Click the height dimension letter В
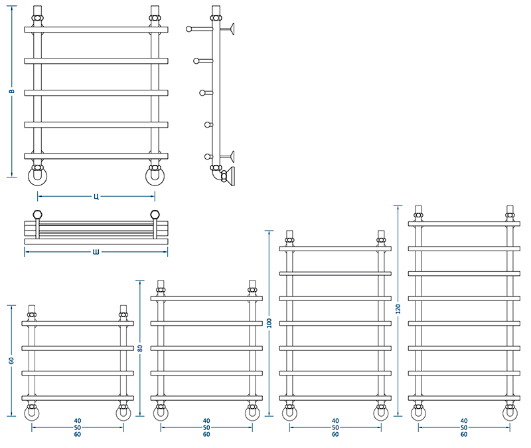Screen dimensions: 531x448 [11, 91]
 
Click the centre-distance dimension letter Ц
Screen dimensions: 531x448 [96, 196]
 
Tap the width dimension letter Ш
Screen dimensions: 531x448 [96, 252]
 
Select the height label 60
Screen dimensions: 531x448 [11, 360]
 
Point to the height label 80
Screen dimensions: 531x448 [140, 348]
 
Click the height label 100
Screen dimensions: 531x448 [269, 323]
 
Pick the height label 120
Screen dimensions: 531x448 [398, 309]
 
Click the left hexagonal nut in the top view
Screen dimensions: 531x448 [38, 214]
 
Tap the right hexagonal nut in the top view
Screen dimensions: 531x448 [155, 214]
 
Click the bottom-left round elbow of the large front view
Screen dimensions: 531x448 [37, 176]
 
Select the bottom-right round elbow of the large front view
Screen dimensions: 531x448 [155, 176]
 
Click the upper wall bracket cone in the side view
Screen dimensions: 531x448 [232, 29]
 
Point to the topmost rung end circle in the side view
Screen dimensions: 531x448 [189, 29]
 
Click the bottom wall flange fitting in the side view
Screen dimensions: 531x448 [229, 177]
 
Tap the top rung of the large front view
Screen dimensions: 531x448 [96, 30]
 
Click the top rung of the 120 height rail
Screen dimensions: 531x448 [464, 224]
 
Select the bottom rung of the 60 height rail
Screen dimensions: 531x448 [78, 398]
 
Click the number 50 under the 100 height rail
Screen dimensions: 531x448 [335, 427]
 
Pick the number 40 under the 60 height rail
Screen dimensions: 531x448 [78, 421]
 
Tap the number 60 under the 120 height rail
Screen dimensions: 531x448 [464, 435]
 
